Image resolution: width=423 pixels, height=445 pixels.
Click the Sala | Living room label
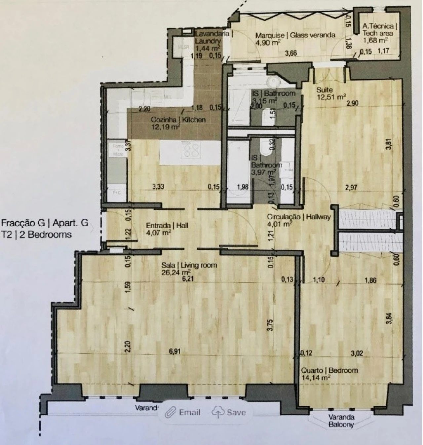(x=189, y=265)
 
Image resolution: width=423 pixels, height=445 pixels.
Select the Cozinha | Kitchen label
(x=178, y=120)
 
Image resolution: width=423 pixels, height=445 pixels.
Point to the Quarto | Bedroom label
(x=329, y=370)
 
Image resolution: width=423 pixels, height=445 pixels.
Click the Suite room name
(x=325, y=90)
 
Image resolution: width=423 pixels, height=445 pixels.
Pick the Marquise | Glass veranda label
(x=295, y=35)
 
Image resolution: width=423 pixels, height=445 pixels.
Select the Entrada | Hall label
(x=167, y=225)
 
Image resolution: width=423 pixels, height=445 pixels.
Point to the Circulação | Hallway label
(x=299, y=217)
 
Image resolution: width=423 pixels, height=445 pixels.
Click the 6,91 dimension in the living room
(x=175, y=352)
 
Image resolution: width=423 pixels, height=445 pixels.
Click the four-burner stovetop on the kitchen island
(x=191, y=149)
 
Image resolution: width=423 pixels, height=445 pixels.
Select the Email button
(x=184, y=412)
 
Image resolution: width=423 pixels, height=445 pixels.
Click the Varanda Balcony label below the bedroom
(x=341, y=421)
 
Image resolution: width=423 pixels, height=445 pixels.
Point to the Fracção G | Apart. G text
(x=45, y=223)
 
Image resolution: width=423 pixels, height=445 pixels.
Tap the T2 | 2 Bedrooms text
(x=36, y=234)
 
